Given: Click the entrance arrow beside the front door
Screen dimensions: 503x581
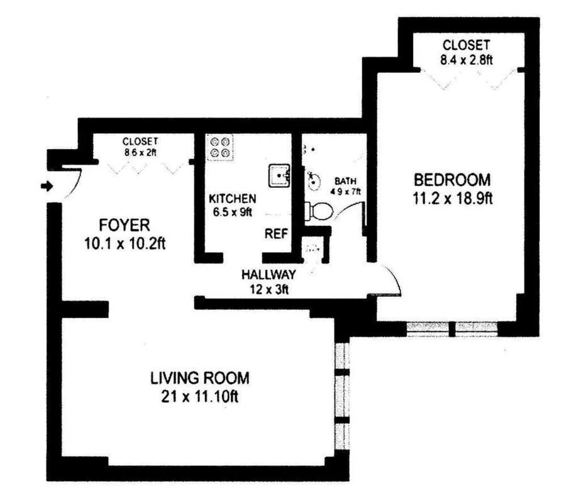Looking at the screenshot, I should (47, 185).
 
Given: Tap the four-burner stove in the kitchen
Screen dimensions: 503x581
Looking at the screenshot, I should (219, 147).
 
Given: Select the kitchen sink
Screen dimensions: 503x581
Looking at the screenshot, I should (279, 175).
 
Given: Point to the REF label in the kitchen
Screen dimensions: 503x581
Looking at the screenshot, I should (275, 234).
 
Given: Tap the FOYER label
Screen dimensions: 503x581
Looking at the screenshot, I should (124, 225).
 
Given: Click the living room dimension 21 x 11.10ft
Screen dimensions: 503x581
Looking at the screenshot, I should (199, 397).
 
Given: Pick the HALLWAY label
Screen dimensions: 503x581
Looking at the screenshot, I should (268, 275).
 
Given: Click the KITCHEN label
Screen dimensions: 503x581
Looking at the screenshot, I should (232, 197).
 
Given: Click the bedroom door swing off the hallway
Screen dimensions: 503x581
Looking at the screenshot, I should (389, 280).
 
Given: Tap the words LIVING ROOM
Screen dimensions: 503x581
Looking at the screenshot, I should (199, 379).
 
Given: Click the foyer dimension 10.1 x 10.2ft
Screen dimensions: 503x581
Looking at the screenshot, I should (124, 243).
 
